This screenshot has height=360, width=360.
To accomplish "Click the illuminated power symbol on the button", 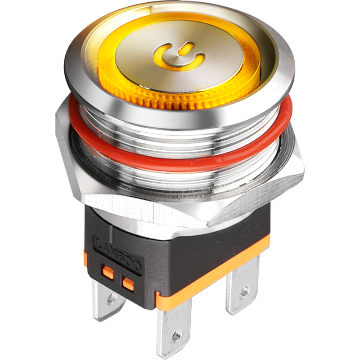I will coord(178,57).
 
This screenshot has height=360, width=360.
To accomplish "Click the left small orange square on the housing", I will coord(107,271).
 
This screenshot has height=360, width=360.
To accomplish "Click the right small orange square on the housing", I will coord(128,283).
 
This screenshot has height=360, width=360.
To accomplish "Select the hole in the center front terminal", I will coord(176,335).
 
